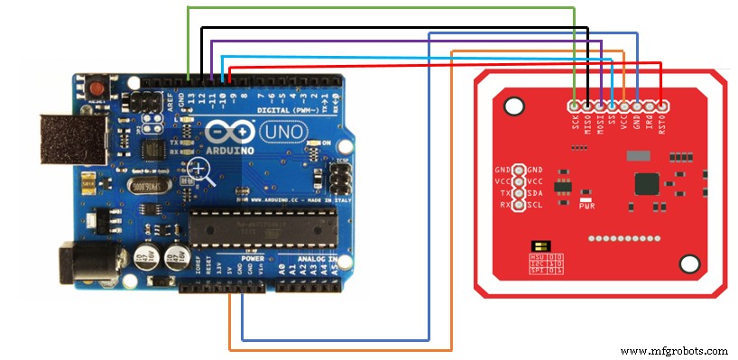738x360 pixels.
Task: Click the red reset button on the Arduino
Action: point(97,88)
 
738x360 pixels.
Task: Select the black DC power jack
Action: point(77,261)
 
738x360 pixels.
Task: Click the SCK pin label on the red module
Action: point(575,121)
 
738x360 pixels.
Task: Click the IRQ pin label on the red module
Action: point(650,121)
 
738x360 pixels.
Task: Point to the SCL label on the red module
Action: point(535,205)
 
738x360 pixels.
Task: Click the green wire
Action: point(379,7)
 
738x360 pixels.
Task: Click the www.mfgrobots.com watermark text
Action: point(674,350)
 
